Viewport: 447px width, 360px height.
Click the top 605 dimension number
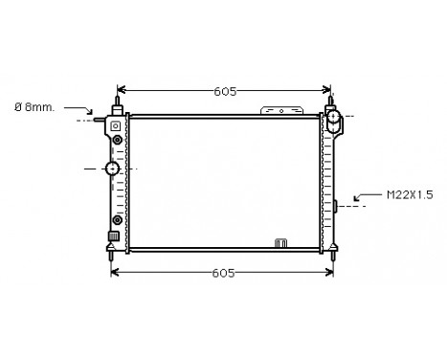pos(226,92)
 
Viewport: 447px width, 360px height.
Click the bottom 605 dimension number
pos(223,273)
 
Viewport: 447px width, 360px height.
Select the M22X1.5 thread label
pos(409,194)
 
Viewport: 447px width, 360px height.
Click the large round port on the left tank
pos(114,169)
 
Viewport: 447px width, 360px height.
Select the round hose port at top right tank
pos(334,120)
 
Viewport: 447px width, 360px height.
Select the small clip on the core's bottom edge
pos(281,242)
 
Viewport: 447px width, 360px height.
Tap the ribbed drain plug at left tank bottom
pos(112,236)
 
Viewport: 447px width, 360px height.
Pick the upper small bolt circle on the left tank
pos(117,141)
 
